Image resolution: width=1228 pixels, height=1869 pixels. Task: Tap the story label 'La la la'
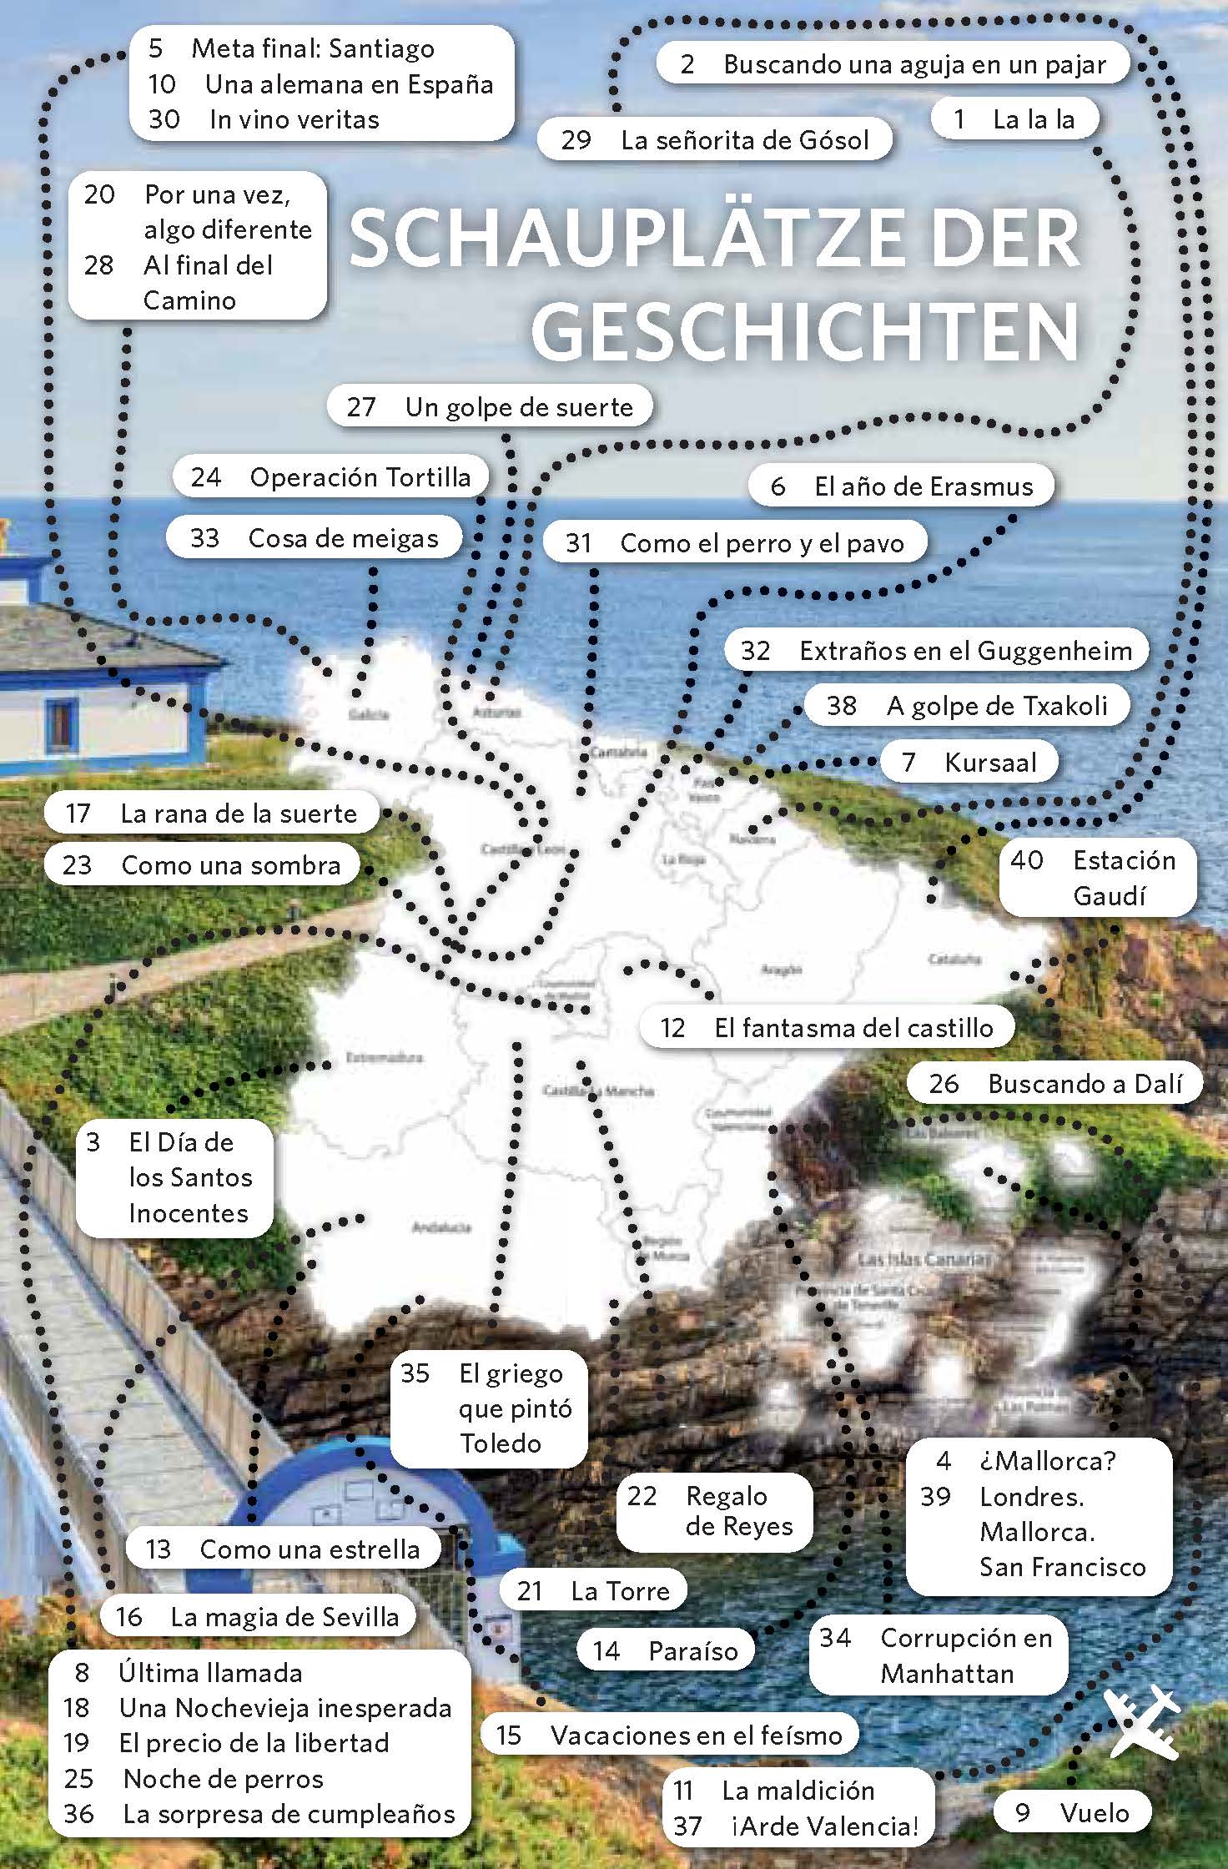click(x=1014, y=119)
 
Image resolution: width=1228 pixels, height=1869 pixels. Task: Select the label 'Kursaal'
click(x=969, y=762)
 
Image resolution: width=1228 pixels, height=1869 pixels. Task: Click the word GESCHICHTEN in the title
click(x=805, y=331)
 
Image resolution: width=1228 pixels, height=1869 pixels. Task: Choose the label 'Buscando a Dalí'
click(x=1055, y=1083)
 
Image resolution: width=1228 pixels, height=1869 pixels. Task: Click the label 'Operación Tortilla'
click(x=331, y=476)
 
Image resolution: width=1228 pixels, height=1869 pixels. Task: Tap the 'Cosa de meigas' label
click(x=315, y=538)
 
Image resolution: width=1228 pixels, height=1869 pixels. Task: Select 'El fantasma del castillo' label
click(x=827, y=1027)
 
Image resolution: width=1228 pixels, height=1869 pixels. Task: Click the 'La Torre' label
click(x=593, y=1590)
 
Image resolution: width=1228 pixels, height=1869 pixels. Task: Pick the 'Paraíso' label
click(x=666, y=1650)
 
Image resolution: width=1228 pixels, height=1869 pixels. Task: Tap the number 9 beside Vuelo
click(x=1023, y=1812)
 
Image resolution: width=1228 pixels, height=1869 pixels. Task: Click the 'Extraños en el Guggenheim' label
click(x=936, y=650)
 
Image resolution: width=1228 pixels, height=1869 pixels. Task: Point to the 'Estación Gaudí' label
click(x=1098, y=878)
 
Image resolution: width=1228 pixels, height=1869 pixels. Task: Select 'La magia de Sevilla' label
click(x=259, y=1616)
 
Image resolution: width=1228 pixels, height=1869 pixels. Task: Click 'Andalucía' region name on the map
click(x=441, y=1227)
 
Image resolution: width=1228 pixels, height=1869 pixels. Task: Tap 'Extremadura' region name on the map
click(x=384, y=1058)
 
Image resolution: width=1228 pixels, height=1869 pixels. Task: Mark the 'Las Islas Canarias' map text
click(x=923, y=1258)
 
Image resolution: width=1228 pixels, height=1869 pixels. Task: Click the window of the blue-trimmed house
click(x=61, y=723)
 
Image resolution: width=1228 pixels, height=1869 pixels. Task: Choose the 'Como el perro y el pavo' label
click(x=735, y=543)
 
